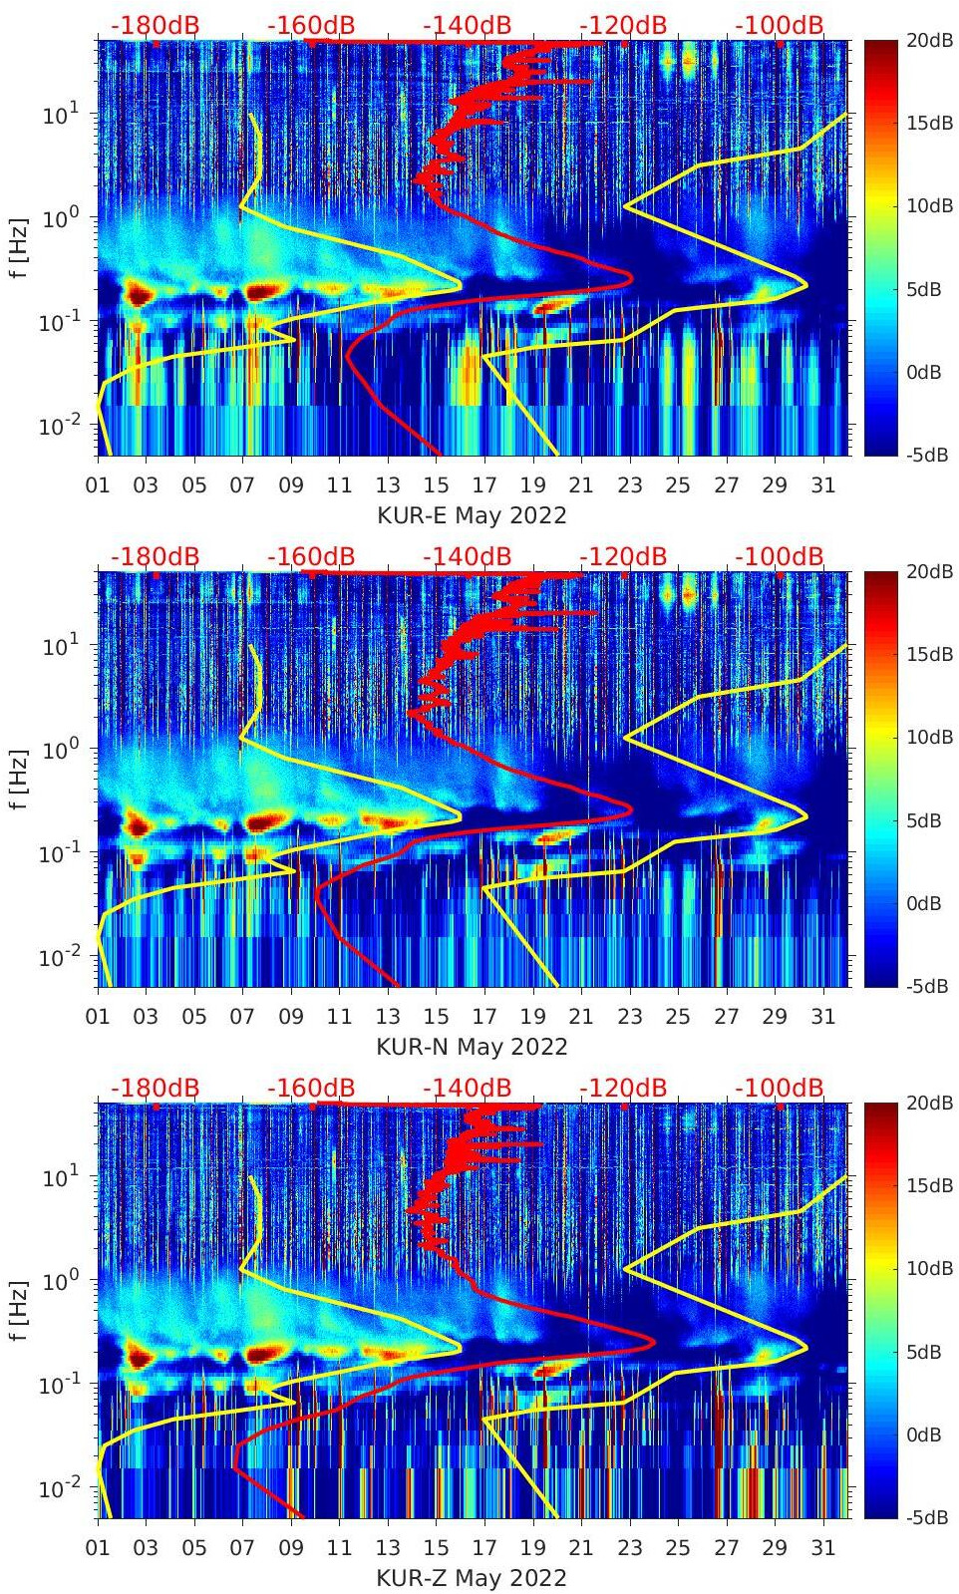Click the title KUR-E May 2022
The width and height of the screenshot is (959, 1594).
click(x=472, y=515)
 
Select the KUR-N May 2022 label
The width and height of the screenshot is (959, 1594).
click(x=472, y=1047)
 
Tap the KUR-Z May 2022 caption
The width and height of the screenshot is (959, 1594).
click(x=472, y=1578)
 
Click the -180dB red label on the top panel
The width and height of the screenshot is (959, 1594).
click(x=155, y=25)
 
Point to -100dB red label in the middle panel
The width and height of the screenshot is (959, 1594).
click(x=780, y=556)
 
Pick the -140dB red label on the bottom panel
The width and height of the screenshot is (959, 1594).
click(x=467, y=1088)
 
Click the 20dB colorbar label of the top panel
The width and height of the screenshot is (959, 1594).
click(x=929, y=41)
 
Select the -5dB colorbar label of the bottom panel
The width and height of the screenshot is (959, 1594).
click(x=927, y=1517)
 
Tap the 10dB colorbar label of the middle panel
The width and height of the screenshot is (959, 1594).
click(x=929, y=738)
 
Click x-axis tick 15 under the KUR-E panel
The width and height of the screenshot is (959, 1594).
click(x=436, y=485)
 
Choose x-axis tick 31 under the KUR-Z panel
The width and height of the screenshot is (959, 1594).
click(x=822, y=1548)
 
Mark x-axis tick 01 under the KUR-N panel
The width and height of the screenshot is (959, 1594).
click(x=98, y=1017)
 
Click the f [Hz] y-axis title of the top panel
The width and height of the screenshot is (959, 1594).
click(x=19, y=247)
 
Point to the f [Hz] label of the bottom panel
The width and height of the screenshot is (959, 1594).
click(x=19, y=1310)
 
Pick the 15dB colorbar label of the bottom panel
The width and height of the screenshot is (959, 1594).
click(x=929, y=1185)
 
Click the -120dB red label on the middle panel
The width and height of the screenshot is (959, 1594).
click(x=623, y=556)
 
